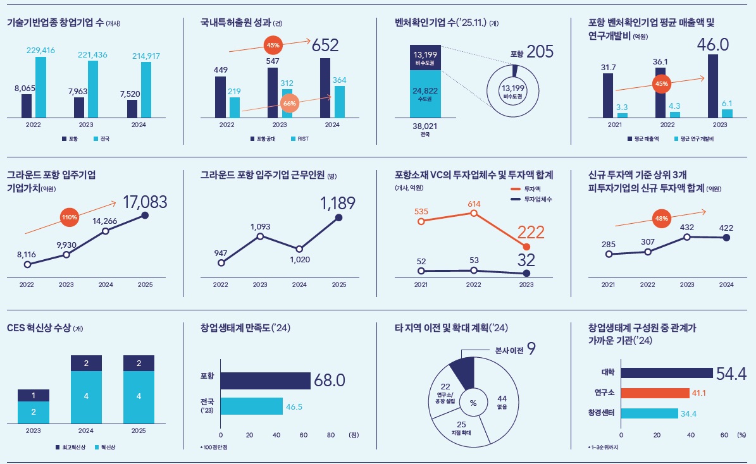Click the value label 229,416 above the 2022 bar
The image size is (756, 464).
coord(40,50)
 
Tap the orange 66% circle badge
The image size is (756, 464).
coord(290,103)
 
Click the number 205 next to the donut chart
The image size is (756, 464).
coord(540,52)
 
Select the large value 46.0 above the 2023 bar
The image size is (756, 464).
coord(713,44)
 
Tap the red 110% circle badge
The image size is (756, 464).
coord(69,217)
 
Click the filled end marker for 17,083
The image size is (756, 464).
coord(145,216)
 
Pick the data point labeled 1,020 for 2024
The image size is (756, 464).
coord(299,249)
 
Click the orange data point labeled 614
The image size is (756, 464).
coord(473,213)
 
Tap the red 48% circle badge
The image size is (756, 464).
coord(661,219)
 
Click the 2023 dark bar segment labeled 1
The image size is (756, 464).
coord(33,395)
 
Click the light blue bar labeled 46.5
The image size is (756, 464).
coord(251,406)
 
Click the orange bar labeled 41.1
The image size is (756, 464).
coord(655,393)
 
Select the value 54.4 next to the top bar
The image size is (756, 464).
coord(731,373)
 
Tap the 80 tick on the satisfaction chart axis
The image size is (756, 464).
coord(331,435)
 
